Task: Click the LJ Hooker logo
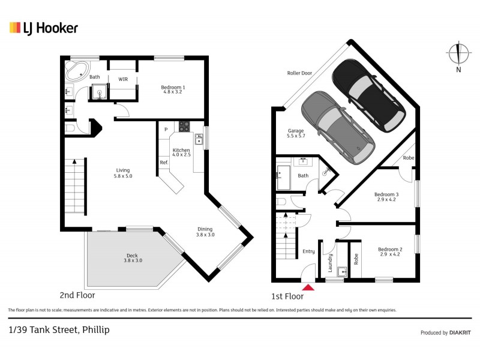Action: pos(43,28)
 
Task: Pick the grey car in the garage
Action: pos(338,128)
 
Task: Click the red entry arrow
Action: pos(308,287)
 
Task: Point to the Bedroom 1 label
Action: pos(173,91)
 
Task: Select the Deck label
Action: pos(131,259)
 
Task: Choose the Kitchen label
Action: pos(181,152)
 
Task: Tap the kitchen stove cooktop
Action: pos(183,127)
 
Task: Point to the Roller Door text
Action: pos(299,73)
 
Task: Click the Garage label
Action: pos(296,133)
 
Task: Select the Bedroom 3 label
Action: pos(386,197)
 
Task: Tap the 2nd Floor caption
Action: pos(77,295)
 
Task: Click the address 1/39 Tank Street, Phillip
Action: pos(59,329)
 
